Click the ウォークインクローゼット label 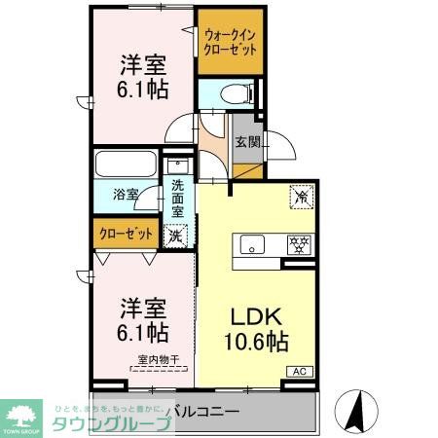pos(231,42)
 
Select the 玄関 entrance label pos(247,142)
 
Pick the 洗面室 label pos(178,198)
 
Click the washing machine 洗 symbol pos(175,235)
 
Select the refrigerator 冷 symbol pos(303,195)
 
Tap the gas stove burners pos(299,243)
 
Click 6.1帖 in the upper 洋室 pos(143,89)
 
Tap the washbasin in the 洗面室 pos(177,165)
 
